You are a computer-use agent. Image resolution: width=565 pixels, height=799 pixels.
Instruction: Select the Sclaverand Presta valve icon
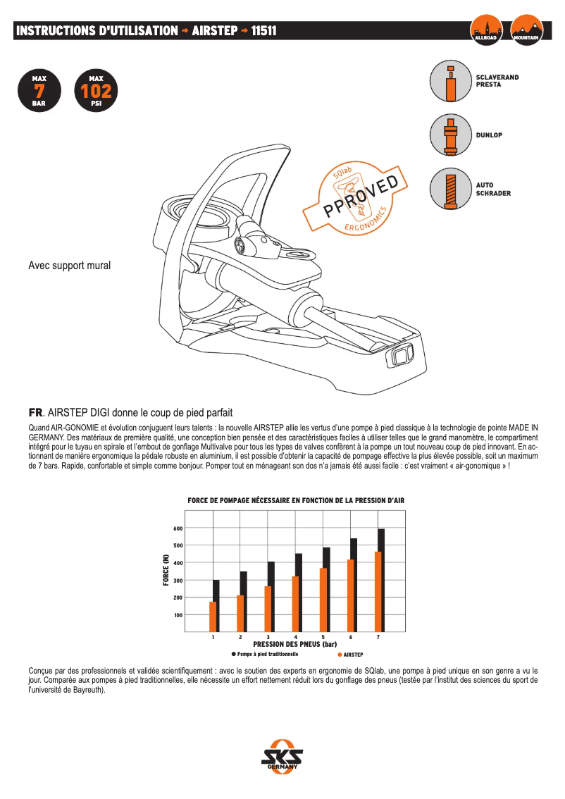click(x=449, y=80)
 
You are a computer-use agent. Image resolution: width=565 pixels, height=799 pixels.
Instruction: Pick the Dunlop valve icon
click(x=449, y=135)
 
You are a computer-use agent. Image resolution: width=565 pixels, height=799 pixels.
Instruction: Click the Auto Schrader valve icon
click(x=449, y=189)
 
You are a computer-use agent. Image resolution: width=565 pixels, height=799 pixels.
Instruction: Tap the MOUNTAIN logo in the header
click(x=527, y=30)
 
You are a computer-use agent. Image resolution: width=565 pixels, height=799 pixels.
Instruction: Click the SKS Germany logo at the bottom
click(x=282, y=757)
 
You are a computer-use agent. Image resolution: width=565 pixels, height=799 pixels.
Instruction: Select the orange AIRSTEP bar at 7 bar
click(x=378, y=592)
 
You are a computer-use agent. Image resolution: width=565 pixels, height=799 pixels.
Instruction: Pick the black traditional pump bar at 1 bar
click(x=216, y=606)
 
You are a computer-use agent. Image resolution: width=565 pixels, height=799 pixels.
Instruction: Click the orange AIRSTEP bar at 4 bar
click(x=295, y=604)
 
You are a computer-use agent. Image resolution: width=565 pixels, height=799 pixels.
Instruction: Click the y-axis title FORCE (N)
click(x=166, y=571)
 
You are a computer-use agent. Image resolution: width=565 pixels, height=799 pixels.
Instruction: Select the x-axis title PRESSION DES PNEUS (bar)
click(x=295, y=644)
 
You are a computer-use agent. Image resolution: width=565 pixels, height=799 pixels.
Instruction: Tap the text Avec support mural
click(x=69, y=266)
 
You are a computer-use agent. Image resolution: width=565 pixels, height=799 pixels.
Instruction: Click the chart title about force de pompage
click(x=295, y=500)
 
